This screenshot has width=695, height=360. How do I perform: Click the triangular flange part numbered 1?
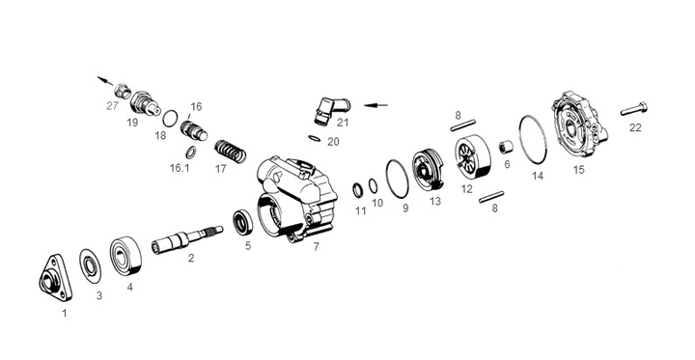[x=55, y=278]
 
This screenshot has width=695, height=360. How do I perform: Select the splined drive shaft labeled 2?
[x=186, y=239]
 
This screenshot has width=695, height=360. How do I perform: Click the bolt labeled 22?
[x=634, y=109]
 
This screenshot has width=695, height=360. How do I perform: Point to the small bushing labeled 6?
[x=506, y=147]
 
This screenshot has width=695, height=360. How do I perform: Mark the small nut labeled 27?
[x=123, y=91]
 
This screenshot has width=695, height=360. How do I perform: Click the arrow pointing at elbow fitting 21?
[x=375, y=105]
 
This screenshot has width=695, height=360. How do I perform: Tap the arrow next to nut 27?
[x=105, y=81]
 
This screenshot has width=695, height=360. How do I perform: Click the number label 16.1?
[x=180, y=168]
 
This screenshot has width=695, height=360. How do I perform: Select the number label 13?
[x=435, y=201]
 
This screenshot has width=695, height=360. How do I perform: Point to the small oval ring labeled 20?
[x=315, y=138]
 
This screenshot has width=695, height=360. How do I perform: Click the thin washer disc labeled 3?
[x=90, y=266]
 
